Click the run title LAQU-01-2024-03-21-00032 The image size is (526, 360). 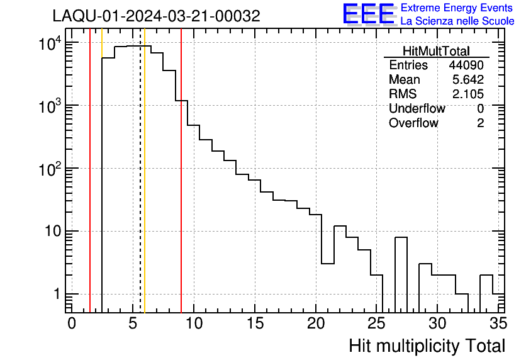pos(156,16)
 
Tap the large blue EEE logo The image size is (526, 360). pos(369,14)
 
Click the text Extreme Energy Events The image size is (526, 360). pos(457,8)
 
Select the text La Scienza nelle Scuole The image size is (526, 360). pos(457,21)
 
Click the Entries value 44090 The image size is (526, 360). pos(466,65)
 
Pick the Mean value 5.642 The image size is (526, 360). pos(468,80)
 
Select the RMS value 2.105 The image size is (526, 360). pos(468,94)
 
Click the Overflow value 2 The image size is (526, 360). pos(480,123)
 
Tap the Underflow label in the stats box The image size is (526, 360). pos(417,109)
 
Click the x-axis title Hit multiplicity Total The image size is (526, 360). pos(427,346)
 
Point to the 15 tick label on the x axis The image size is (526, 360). pos(254,323)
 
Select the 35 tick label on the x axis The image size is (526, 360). pos(497,323)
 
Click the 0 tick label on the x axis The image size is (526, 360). pos(72,323)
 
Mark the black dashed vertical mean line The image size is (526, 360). pos(140,189)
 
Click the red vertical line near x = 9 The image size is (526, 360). pos(181,189)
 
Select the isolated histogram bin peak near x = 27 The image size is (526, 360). pos(401,238)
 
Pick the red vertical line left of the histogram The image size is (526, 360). pos(90,189)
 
